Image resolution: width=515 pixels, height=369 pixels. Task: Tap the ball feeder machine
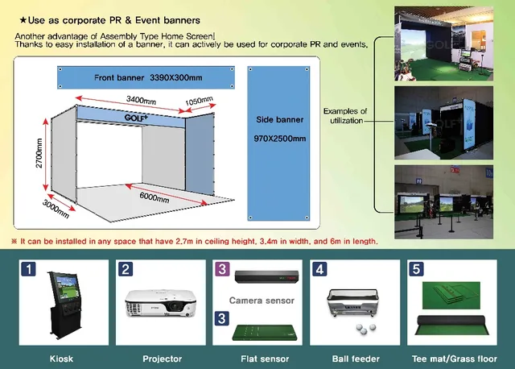tap(355, 306)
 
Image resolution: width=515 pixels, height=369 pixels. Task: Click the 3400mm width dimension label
tap(142, 99)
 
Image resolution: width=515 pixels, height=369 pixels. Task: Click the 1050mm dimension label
tap(200, 102)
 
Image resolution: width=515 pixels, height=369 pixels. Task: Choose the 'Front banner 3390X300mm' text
tap(142, 77)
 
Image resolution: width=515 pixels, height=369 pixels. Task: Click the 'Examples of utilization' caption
tap(345, 115)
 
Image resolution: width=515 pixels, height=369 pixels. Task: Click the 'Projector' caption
tap(162, 359)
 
